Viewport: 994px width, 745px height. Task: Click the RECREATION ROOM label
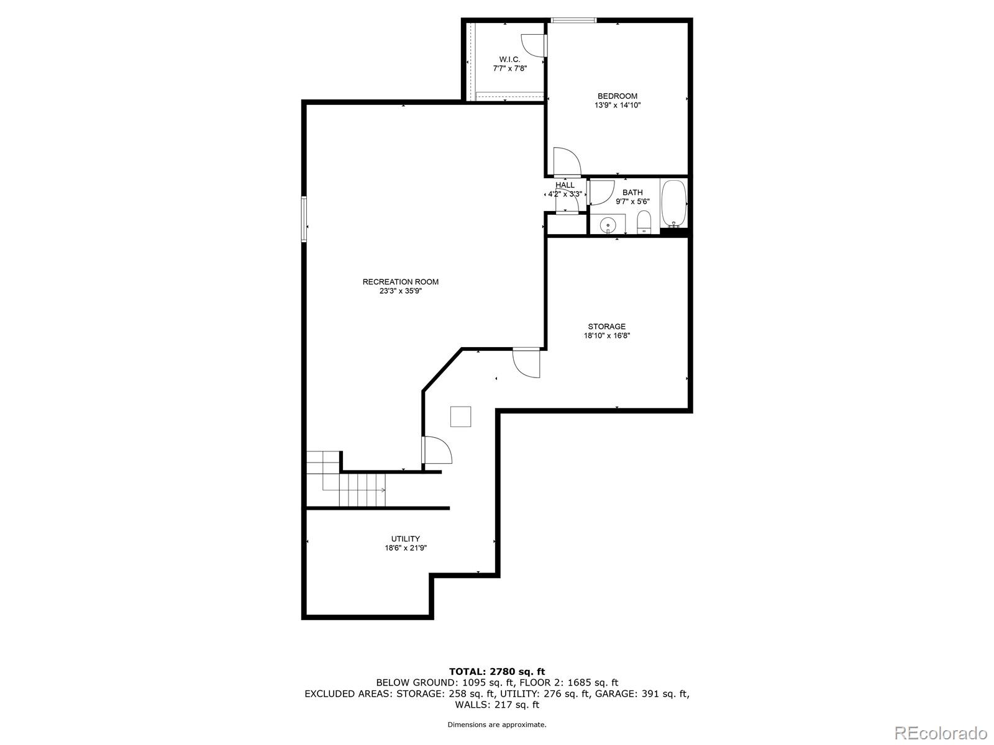pos(401,282)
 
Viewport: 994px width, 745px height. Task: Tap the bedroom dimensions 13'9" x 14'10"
pos(618,106)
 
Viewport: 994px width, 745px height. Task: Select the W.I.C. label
pos(509,59)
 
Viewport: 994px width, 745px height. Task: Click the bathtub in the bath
pos(673,204)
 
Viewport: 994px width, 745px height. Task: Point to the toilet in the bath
pos(644,222)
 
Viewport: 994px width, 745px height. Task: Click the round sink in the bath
pos(607,224)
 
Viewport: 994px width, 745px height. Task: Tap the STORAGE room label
pos(607,327)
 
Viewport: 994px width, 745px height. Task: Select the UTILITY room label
pos(406,539)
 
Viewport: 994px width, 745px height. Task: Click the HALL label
pos(565,185)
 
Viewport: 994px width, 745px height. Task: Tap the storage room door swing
pos(527,364)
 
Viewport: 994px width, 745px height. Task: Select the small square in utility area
pos(460,417)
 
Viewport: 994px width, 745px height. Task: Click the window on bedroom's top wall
pos(574,20)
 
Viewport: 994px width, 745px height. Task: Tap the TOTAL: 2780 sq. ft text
pos(497,671)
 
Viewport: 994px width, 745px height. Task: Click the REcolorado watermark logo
pos(941,733)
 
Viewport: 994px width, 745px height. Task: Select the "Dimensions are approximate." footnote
pos(497,725)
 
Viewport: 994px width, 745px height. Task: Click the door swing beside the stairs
pos(437,450)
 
